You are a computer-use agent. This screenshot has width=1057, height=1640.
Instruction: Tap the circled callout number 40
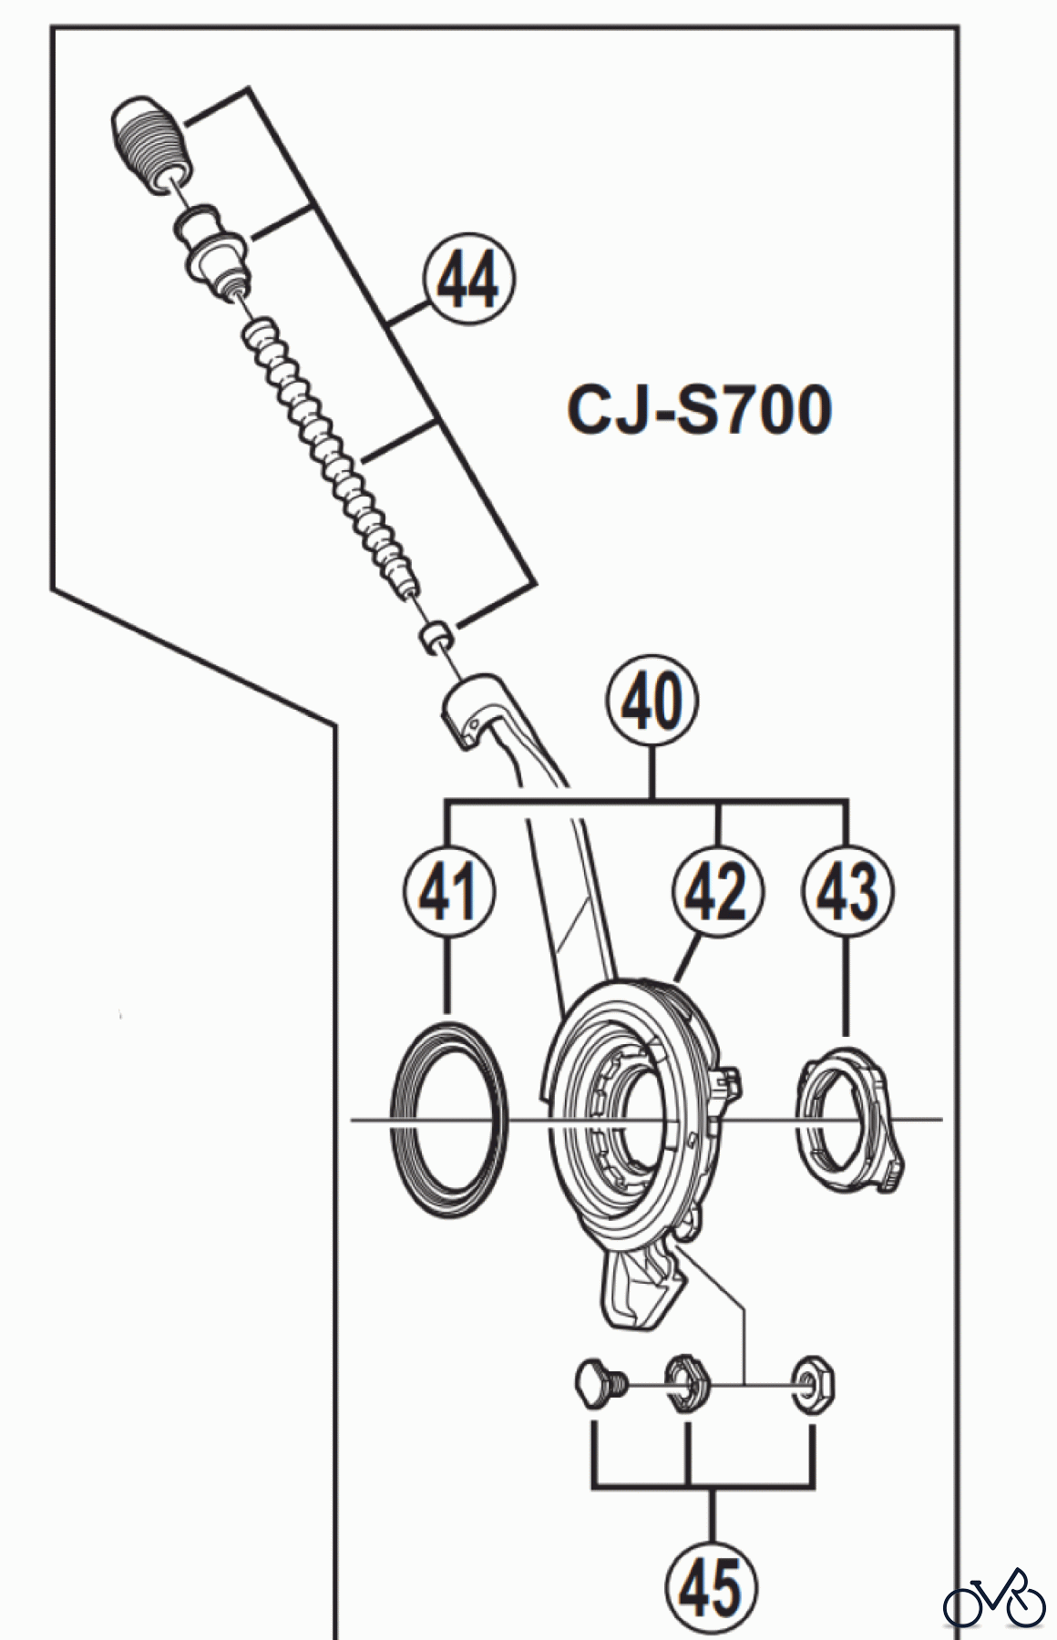point(652,703)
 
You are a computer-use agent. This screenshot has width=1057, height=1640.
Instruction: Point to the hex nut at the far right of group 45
point(813,1389)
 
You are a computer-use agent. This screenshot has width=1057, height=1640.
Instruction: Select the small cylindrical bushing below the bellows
point(436,635)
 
